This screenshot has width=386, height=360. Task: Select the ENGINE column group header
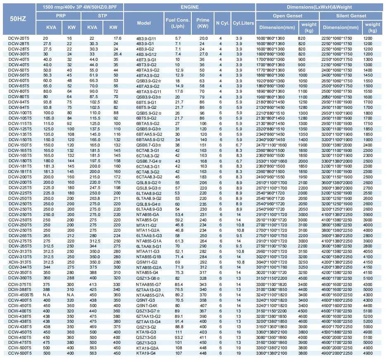(190, 7)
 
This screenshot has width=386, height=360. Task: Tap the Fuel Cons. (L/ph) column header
(178, 23)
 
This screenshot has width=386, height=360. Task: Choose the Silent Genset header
(350, 16)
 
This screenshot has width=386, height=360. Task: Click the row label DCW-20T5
(19, 38)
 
